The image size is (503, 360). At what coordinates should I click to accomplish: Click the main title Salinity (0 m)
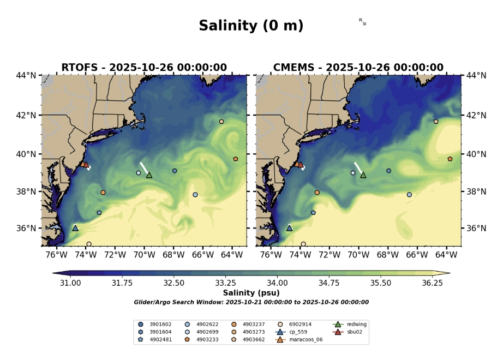(251, 26)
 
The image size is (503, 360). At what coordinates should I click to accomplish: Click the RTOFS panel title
(144, 68)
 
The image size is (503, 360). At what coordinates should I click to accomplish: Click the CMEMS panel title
(358, 68)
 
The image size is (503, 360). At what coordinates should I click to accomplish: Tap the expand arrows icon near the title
(362, 22)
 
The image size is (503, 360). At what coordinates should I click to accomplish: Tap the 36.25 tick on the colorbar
(432, 283)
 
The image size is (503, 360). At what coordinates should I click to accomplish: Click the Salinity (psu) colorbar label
(251, 293)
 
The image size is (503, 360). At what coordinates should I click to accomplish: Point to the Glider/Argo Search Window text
(251, 302)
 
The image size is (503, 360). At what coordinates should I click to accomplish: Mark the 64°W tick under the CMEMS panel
(446, 254)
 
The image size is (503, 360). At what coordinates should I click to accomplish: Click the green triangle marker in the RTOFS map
(149, 175)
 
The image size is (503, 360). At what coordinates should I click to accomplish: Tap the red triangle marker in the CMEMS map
(300, 164)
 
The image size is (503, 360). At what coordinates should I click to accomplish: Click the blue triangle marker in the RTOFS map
(75, 228)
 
